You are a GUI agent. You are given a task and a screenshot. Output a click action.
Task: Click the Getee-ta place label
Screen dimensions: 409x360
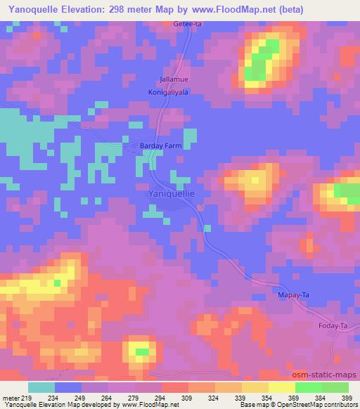187,23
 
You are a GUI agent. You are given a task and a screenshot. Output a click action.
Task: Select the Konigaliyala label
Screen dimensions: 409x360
169,92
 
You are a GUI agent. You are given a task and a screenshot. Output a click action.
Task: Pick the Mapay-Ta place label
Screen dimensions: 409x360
294,296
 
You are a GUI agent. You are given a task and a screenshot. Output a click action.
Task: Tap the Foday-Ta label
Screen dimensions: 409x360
333,327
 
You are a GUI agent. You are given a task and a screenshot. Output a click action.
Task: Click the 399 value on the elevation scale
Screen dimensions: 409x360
348,398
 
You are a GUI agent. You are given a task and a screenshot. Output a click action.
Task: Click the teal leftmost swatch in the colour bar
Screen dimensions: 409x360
41,387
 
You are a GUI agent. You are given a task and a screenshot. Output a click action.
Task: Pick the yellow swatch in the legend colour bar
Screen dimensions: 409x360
281,387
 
